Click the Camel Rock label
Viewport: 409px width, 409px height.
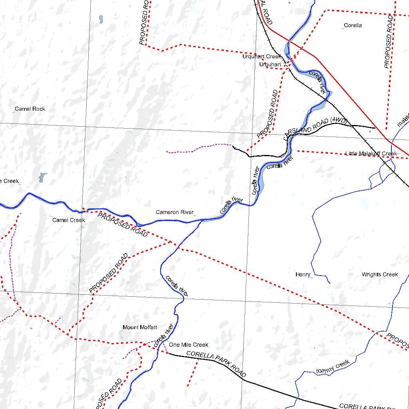pos(30,109)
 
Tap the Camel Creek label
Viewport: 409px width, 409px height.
pos(68,220)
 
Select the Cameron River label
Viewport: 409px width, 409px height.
pos(175,212)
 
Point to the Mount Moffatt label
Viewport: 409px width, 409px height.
pos(140,327)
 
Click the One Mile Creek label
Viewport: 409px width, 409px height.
pos(189,345)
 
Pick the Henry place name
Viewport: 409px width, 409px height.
pos(303,274)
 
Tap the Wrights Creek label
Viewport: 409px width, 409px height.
pos(380,274)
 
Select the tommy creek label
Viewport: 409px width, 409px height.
pos(333,367)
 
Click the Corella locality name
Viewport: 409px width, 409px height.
pos(353,25)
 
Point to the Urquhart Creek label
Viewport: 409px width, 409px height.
pos(262,57)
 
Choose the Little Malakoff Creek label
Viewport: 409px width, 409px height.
pos(371,153)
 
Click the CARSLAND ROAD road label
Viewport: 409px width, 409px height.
pos(306,129)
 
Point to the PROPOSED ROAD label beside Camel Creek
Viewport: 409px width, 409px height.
pos(123,225)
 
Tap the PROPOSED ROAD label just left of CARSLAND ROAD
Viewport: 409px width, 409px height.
pos(267,115)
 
